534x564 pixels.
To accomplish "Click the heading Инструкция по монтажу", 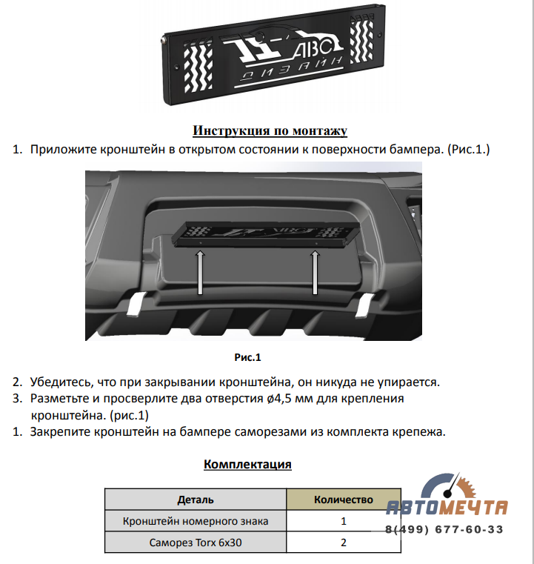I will (270, 131).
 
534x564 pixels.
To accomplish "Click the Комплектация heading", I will (247, 465).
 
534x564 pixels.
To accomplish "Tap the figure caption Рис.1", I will (248, 358).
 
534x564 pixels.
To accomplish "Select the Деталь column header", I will (196, 500).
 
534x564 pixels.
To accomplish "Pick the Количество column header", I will (344, 500).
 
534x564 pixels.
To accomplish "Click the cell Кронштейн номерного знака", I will (196, 521).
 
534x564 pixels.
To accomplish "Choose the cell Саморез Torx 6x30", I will (196, 543).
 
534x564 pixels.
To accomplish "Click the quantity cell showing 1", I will (344, 521).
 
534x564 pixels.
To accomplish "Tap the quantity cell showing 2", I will (344, 543).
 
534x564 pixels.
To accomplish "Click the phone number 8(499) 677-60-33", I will (444, 530).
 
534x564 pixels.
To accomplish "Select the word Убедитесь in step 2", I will (63, 383).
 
